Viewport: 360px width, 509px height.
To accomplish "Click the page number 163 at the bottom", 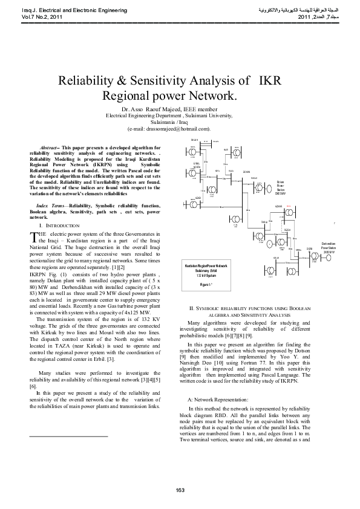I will (180, 490).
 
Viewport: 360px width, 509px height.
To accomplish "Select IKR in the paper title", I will (270, 82).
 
